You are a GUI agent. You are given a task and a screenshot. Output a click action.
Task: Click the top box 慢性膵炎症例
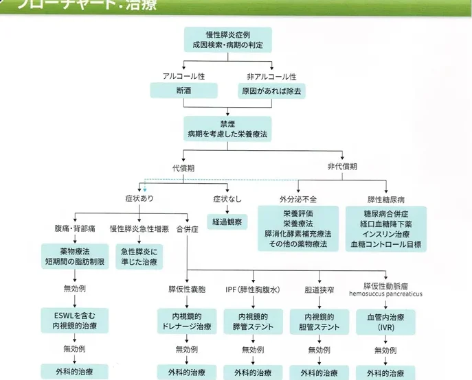click(x=228, y=40)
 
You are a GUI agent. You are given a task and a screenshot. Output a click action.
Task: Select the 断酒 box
click(x=183, y=91)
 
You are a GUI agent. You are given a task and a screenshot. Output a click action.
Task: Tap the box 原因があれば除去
click(x=271, y=91)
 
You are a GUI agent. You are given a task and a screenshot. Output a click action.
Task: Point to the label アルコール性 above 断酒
click(x=183, y=75)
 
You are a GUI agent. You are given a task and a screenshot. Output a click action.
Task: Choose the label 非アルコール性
click(x=271, y=75)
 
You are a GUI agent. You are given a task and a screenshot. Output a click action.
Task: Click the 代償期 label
click(x=186, y=167)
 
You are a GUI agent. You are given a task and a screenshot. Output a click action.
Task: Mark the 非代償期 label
click(x=341, y=167)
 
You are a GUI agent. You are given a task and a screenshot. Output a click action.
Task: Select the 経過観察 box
click(x=227, y=222)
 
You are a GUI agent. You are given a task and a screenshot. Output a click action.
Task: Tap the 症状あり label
click(x=139, y=200)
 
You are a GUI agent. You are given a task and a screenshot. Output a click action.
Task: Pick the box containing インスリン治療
click(x=386, y=228)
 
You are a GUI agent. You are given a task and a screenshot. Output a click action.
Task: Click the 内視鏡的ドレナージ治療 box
click(x=186, y=322)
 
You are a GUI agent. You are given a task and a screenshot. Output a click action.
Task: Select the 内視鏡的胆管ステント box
click(x=314, y=322)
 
